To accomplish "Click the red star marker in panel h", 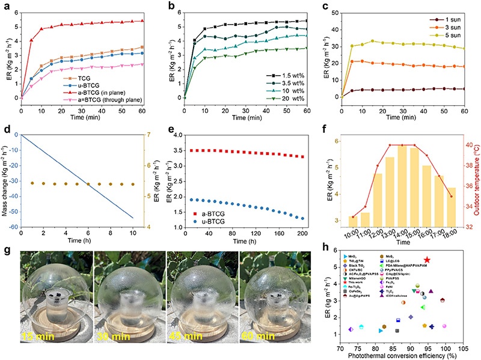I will (427, 260).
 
